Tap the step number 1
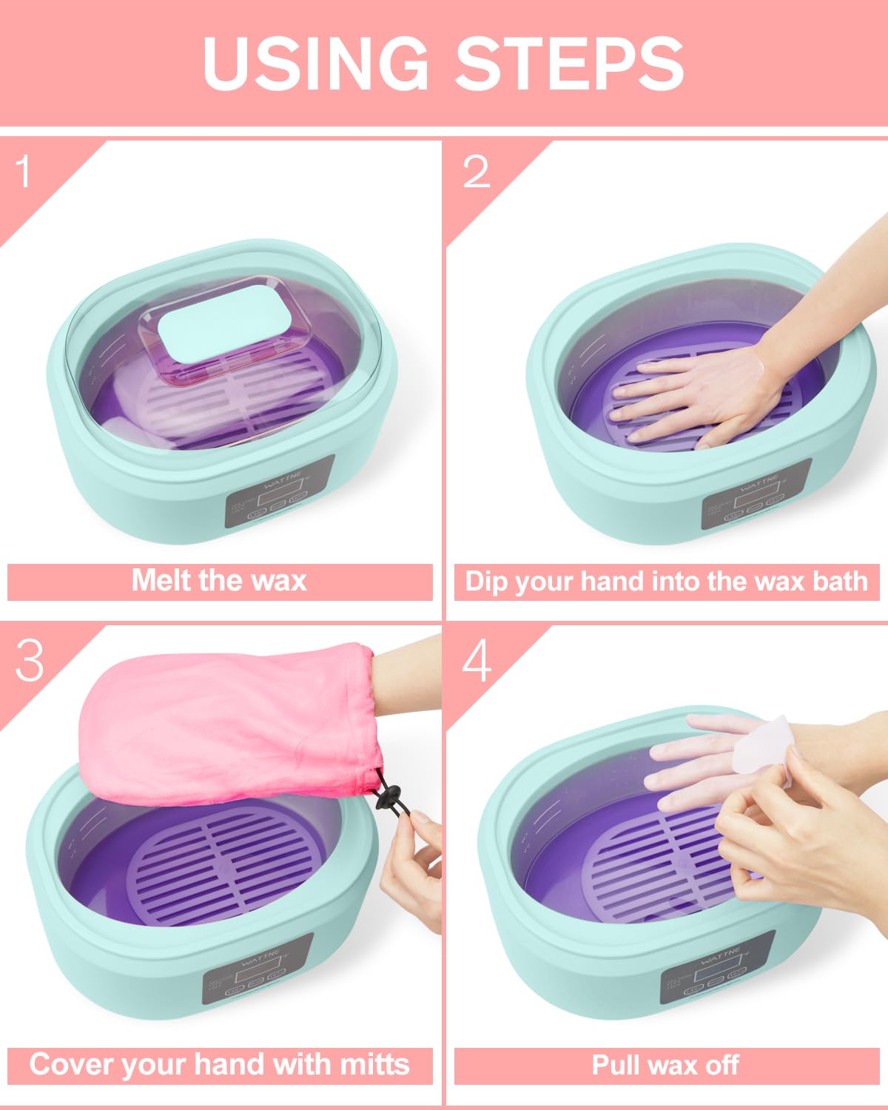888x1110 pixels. pos(24,172)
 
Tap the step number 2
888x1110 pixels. pos(476,172)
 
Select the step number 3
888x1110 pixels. pos(30,659)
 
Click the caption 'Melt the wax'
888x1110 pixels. pos(219,581)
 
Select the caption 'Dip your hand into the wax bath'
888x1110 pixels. pos(666,582)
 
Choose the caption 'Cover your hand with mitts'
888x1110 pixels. pos(219,1065)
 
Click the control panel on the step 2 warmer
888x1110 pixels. pos(756,494)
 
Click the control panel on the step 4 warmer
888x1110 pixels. pos(717,969)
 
